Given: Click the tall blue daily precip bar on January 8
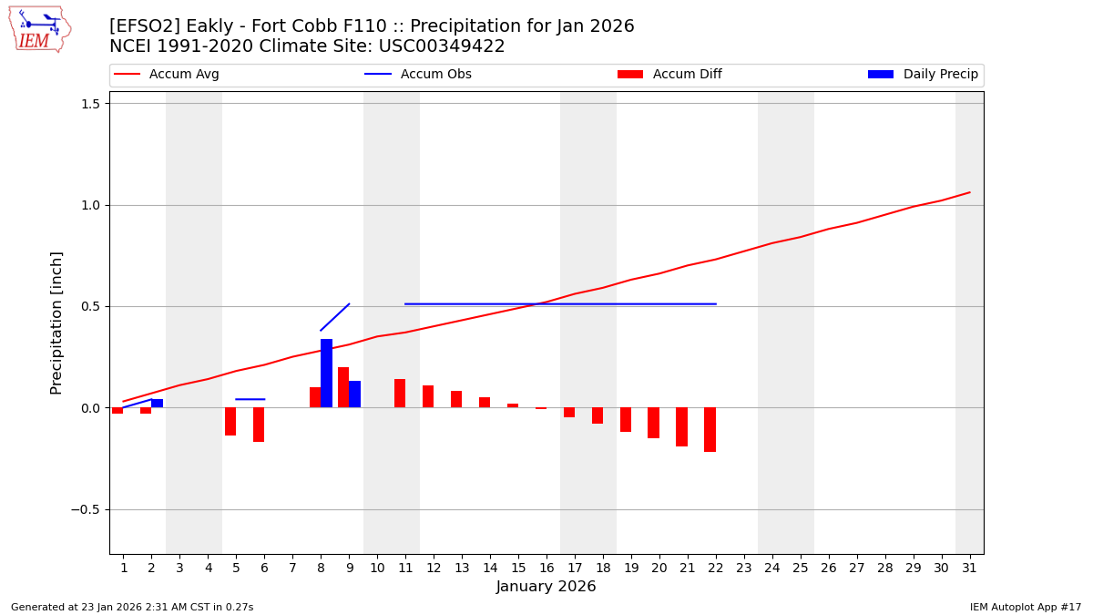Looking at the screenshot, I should [x=326, y=374].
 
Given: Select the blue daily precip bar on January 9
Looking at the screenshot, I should [x=354, y=395].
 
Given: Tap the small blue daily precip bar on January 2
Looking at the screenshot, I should [x=157, y=403].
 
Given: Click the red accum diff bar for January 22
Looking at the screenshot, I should [x=710, y=429].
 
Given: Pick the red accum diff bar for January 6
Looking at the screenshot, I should [x=259, y=425].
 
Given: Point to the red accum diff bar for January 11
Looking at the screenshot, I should [x=400, y=394].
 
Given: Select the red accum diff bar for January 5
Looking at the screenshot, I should [x=230, y=421].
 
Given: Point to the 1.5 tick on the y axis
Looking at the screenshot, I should [x=90, y=103].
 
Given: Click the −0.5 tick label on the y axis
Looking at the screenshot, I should [x=86, y=509].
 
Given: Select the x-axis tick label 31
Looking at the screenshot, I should [x=968, y=569].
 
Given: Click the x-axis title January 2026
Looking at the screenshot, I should [x=546, y=587].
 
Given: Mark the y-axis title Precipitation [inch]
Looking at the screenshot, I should [x=56, y=323].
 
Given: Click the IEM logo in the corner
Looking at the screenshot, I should [x=39, y=29].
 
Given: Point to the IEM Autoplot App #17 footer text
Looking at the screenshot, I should [x=1025, y=607].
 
